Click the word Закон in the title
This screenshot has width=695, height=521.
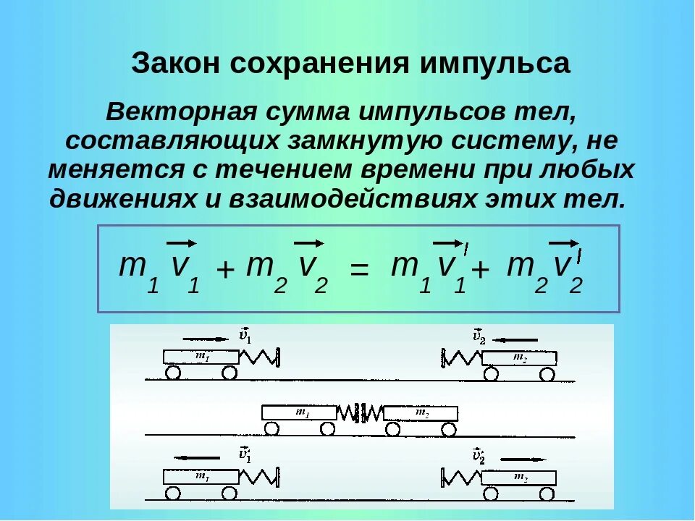[x=176, y=64]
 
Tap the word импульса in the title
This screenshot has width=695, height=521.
[x=494, y=64]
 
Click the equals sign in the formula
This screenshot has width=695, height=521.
[x=360, y=270]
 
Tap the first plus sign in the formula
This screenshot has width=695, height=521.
[x=226, y=271]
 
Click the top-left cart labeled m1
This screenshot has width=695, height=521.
[x=200, y=357]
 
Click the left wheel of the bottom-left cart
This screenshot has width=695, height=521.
[x=173, y=493]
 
